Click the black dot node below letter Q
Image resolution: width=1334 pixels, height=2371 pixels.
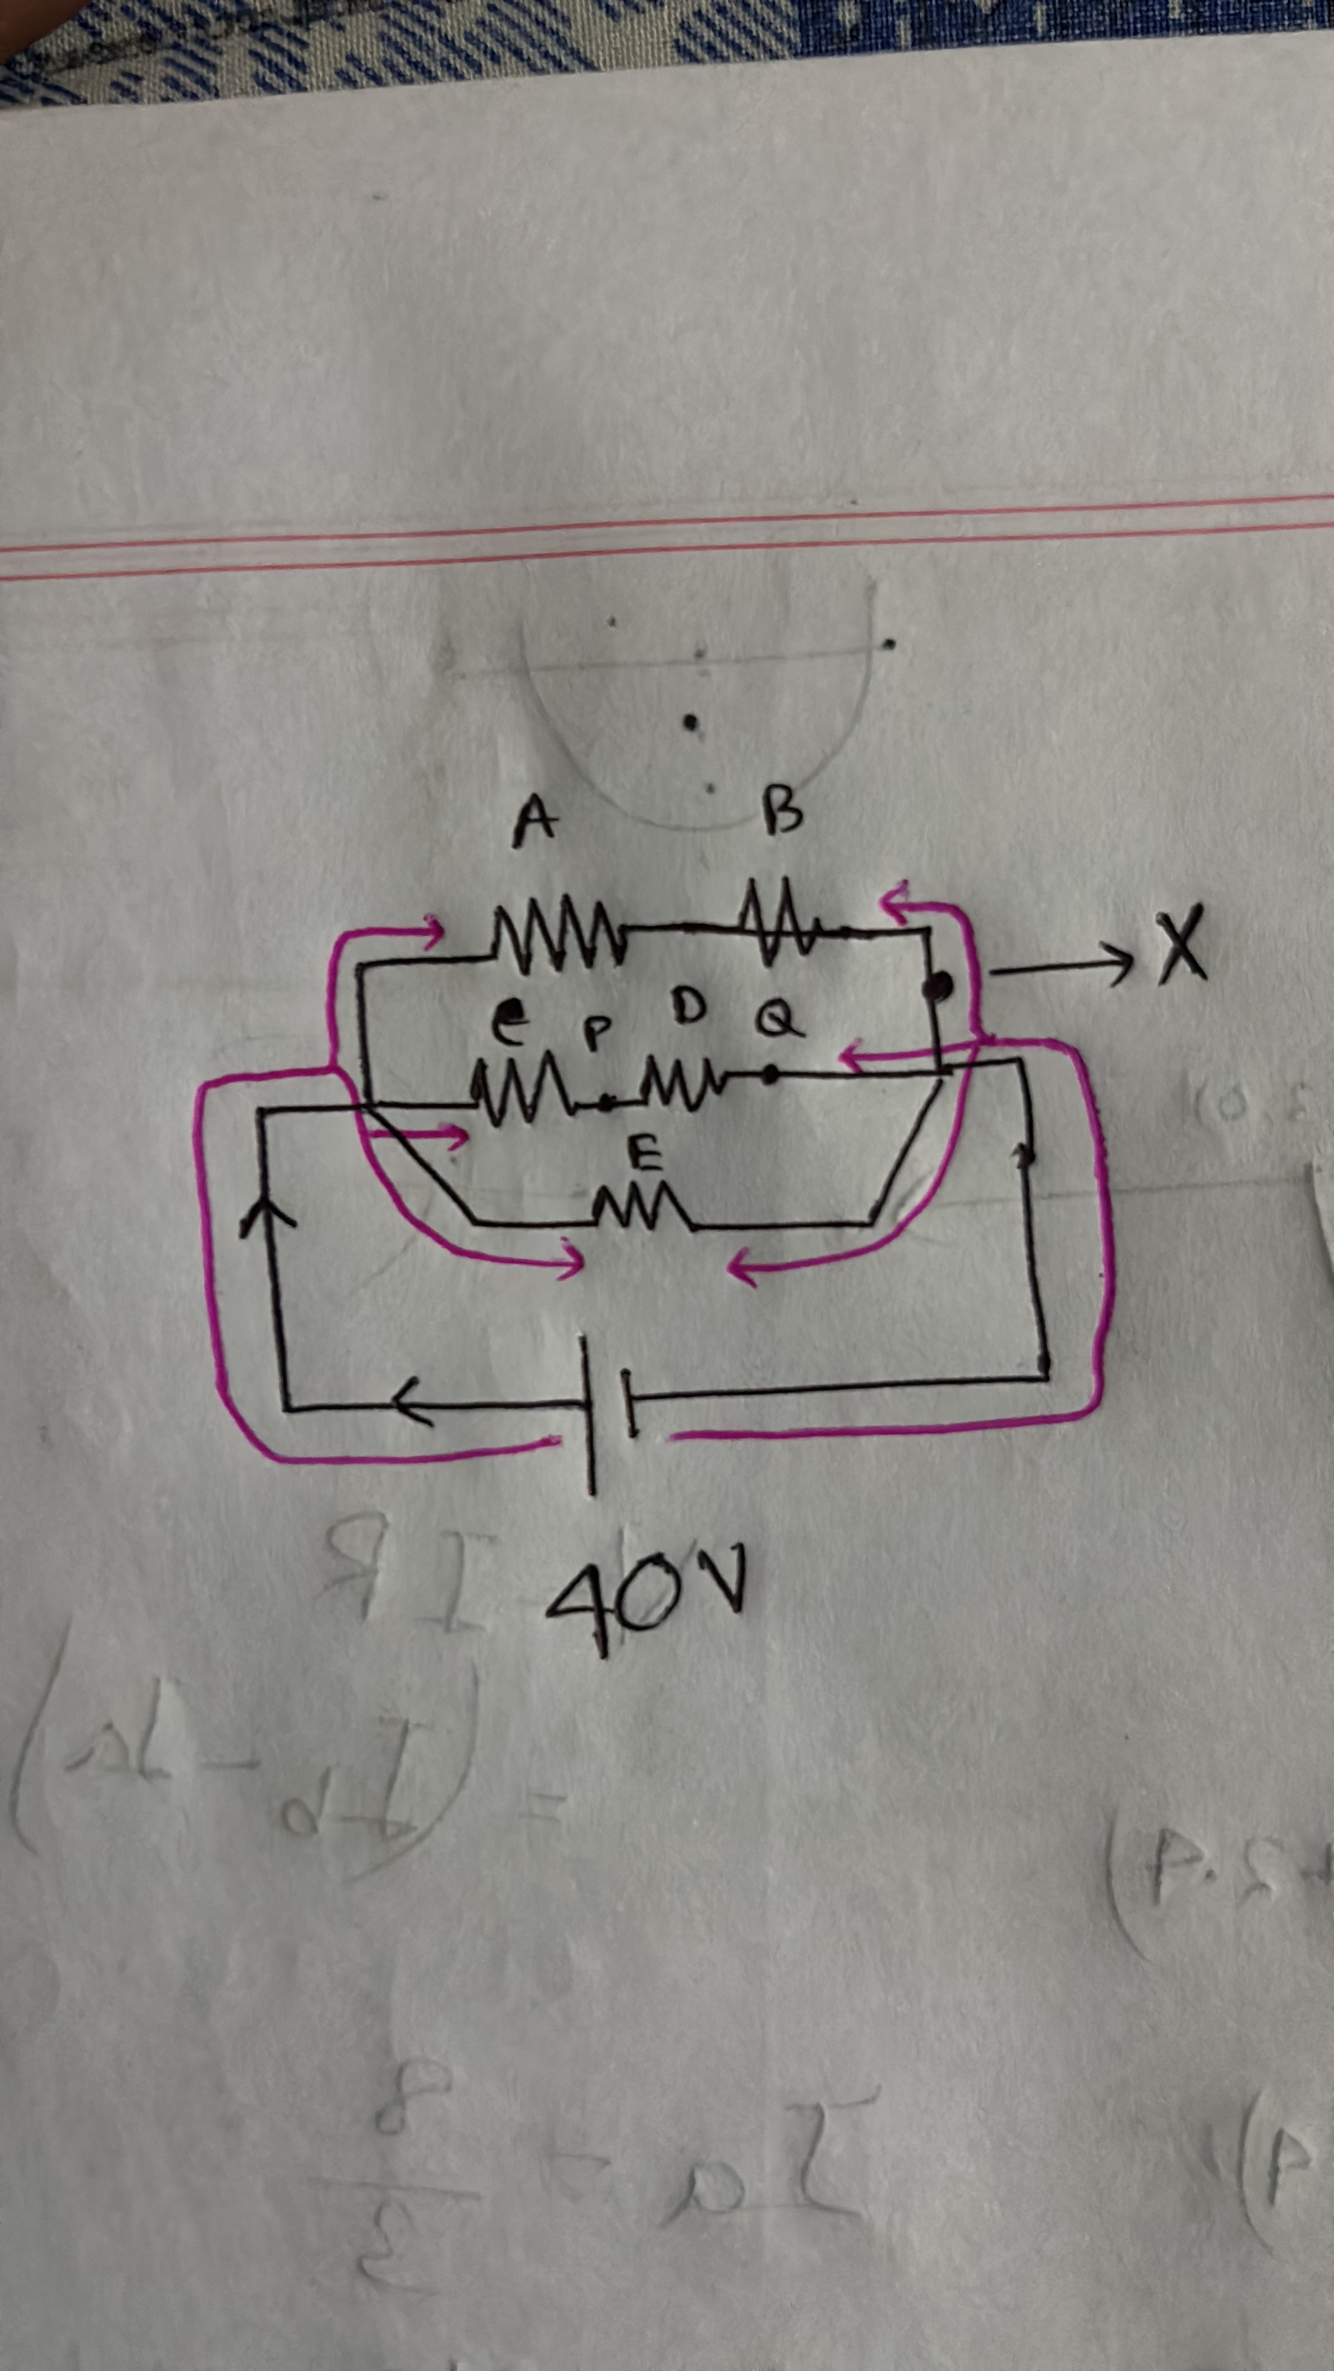771,1073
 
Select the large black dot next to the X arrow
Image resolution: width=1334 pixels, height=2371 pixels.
938,989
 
